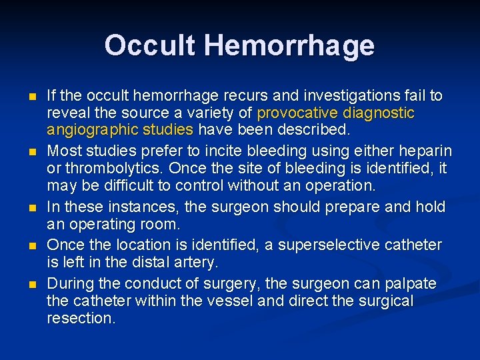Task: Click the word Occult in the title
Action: (150, 45)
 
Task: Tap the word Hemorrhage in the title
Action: (289, 45)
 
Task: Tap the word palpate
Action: (411, 284)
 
